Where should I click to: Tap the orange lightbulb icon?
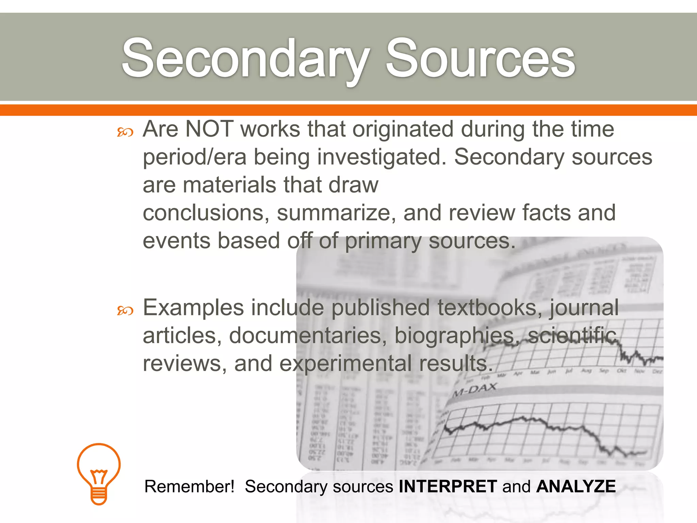point(99,473)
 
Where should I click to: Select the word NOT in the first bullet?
point(209,129)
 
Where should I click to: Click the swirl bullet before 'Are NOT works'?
point(125,132)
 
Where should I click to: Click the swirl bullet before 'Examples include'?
point(125,311)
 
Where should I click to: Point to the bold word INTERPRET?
point(448,486)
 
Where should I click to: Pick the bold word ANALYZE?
point(576,486)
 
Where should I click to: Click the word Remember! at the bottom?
point(189,486)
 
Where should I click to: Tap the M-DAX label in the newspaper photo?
point(475,390)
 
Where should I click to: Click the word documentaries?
point(308,336)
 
